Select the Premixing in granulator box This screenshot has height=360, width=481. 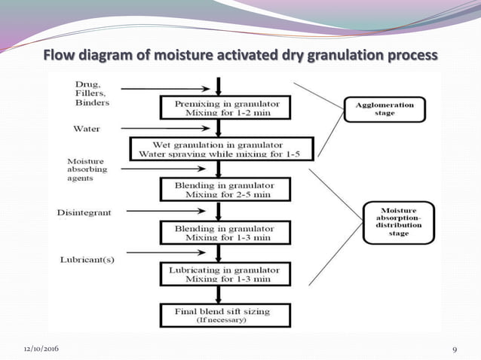click(218, 107)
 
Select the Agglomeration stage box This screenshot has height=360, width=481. click(384, 108)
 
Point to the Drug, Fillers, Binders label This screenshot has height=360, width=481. click(92, 93)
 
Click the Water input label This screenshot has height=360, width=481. click(87, 129)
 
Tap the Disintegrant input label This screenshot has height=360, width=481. click(84, 213)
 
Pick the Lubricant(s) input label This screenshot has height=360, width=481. click(87, 260)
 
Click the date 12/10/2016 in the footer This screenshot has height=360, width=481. click(44, 349)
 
